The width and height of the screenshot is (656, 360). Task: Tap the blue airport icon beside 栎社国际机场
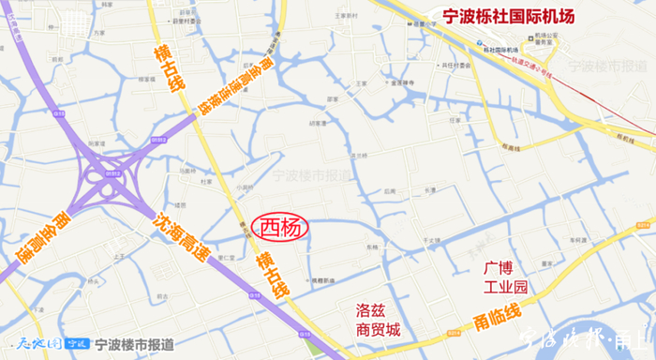pyautogui.click(x=480, y=48)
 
